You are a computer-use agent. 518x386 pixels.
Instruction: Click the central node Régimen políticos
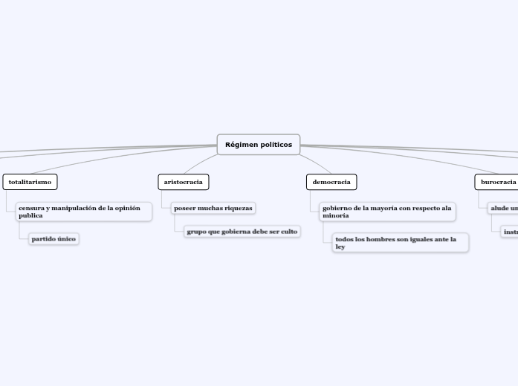tap(259, 145)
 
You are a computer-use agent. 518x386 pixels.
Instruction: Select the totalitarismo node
tap(30, 182)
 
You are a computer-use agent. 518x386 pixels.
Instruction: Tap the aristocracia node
tap(183, 182)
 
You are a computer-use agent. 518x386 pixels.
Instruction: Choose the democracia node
tap(331, 182)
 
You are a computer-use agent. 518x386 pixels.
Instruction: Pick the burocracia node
tap(497, 182)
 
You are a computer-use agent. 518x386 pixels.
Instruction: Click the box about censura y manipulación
tap(83, 212)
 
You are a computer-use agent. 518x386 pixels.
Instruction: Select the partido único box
tap(54, 239)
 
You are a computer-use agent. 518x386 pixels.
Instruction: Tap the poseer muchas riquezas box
tap(213, 208)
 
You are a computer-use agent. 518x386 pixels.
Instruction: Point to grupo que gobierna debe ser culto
tap(242, 232)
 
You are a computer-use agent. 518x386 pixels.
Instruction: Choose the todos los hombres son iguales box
tap(401, 243)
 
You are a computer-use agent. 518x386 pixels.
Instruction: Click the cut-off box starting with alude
tap(504, 208)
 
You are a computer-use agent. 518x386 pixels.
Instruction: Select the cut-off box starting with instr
tap(511, 232)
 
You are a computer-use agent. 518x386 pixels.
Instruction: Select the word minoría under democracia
tap(336, 215)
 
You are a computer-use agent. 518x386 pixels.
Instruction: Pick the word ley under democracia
tap(340, 247)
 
